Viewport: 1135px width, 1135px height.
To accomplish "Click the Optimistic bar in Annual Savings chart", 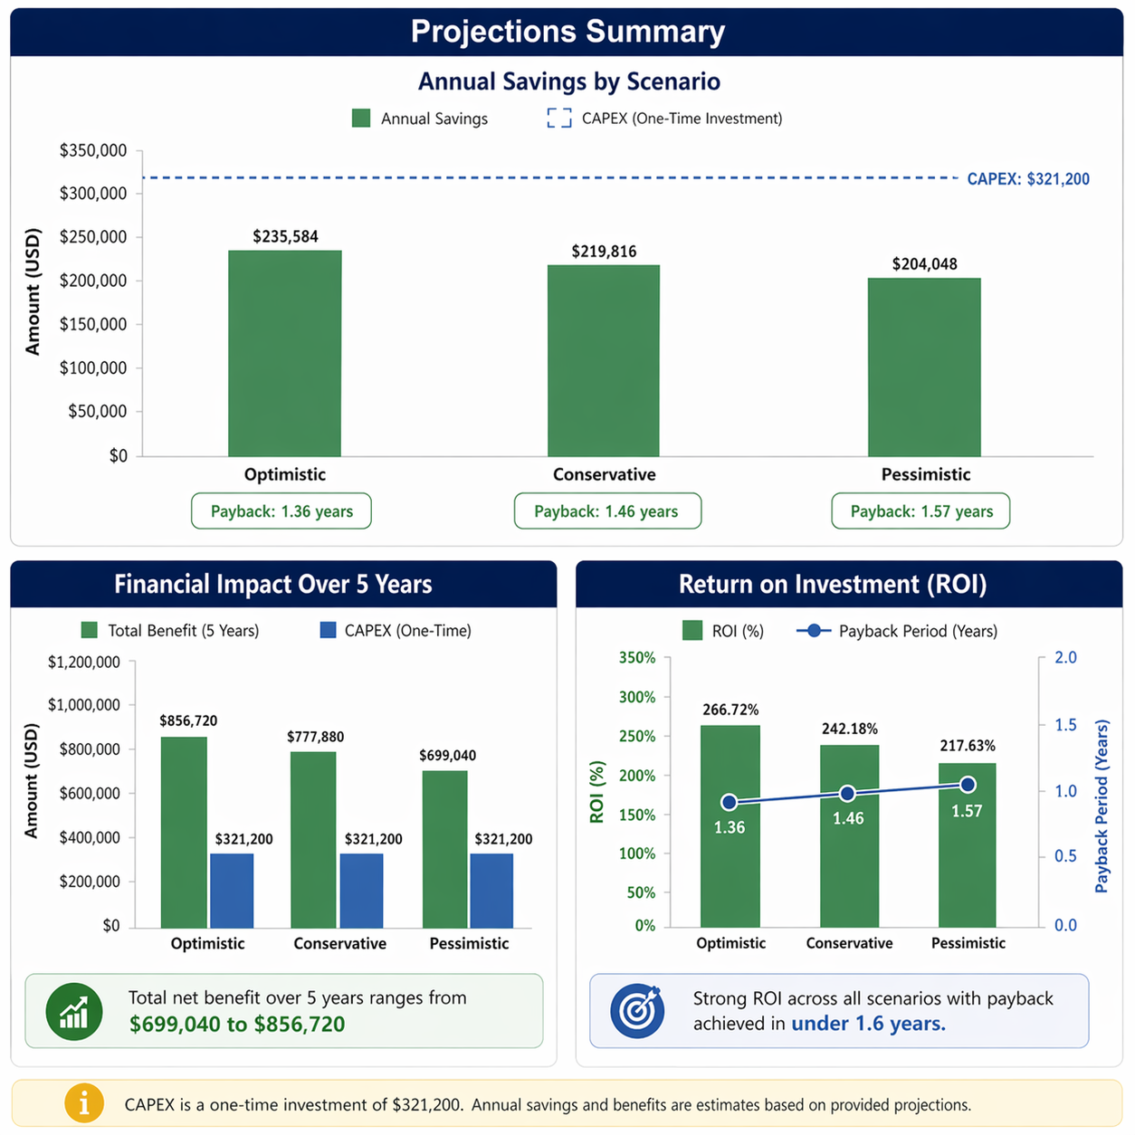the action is point(284,353).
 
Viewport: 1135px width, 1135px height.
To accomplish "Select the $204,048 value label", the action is point(924,264).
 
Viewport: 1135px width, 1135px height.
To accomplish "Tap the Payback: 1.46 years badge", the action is point(607,510).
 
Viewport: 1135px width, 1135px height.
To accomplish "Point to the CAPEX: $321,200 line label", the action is point(1028,178).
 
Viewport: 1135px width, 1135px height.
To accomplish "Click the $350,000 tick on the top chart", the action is point(93,150).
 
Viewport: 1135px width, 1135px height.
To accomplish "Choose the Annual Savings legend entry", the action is point(420,119).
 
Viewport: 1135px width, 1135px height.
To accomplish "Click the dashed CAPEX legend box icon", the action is point(559,118).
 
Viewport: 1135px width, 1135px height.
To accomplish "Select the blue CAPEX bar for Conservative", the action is point(362,891).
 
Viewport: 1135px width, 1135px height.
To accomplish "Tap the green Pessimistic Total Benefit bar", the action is point(445,849).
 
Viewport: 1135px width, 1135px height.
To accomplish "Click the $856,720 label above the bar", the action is point(188,720).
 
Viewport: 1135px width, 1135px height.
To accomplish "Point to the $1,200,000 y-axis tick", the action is point(83,662).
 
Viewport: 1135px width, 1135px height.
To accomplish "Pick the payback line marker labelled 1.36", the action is point(730,802).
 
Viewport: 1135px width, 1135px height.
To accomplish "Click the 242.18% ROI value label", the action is point(849,729).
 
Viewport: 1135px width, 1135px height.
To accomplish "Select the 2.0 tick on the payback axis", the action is point(1065,657).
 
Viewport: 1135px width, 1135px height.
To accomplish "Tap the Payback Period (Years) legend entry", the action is point(897,631).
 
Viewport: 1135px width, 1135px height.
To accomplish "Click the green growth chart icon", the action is point(74,1011).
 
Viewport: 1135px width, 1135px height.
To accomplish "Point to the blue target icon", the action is point(637,1011).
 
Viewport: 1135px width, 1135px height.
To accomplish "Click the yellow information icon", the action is point(84,1103).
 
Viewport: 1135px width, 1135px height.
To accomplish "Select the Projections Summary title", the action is point(567,31).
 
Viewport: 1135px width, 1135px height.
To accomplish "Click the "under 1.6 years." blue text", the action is point(868,1024).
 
